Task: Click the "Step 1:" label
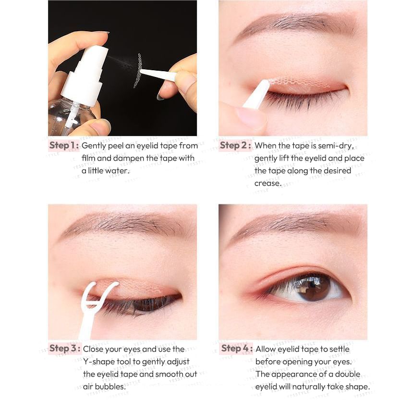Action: click(x=64, y=145)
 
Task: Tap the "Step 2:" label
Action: click(x=235, y=145)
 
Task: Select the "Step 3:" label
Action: click(x=65, y=348)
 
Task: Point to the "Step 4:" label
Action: click(x=237, y=348)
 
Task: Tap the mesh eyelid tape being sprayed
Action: click(x=138, y=70)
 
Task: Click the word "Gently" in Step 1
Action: click(x=94, y=146)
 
